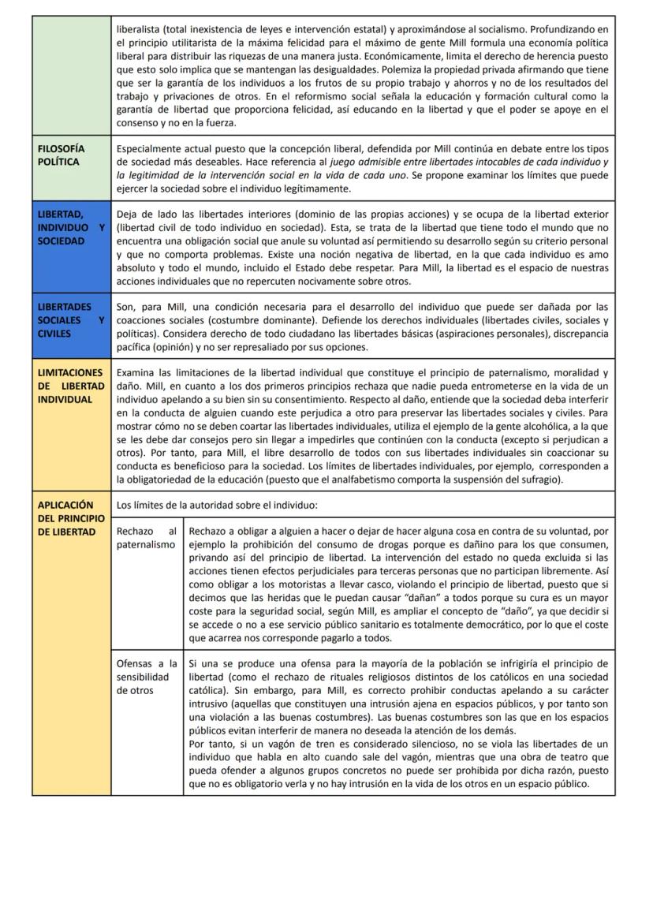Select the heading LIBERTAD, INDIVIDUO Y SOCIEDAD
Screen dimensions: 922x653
[x=70, y=228]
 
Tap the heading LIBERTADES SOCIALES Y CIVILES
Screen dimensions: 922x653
[x=70, y=319]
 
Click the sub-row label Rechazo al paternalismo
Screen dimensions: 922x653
[x=146, y=539]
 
